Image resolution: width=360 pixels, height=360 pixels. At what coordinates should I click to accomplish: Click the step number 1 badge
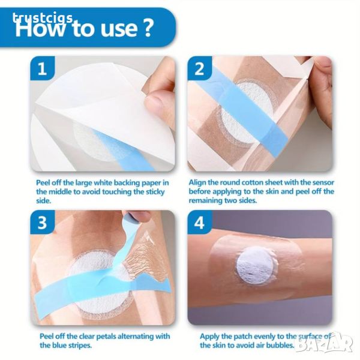(x=42, y=68)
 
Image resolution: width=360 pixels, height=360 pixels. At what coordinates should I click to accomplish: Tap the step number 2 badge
(x=199, y=68)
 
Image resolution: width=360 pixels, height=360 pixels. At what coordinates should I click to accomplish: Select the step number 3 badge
(x=42, y=222)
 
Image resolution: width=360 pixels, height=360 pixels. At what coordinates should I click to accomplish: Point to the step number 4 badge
(x=199, y=222)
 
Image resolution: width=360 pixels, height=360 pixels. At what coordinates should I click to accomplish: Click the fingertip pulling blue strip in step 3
(x=139, y=217)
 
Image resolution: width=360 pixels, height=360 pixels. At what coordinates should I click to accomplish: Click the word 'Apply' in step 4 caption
(x=209, y=337)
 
